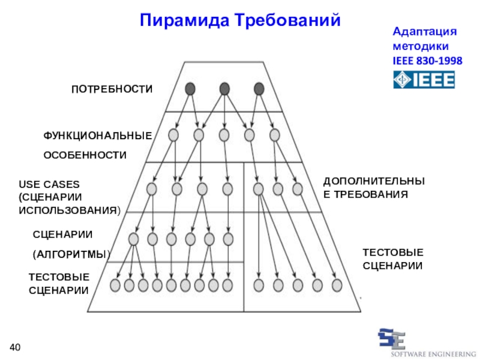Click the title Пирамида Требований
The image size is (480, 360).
click(x=240, y=20)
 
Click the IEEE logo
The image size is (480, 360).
click(x=424, y=79)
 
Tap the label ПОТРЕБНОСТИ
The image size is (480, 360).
click(x=112, y=89)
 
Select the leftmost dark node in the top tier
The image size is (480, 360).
click(x=190, y=89)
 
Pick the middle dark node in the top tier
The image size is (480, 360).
click(x=224, y=89)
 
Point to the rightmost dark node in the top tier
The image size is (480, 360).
click(x=259, y=89)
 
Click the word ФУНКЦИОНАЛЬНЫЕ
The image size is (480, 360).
click(x=97, y=136)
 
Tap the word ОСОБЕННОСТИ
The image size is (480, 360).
click(x=85, y=155)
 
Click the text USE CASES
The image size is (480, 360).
click(x=49, y=184)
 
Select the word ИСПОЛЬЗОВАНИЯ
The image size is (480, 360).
click(x=69, y=211)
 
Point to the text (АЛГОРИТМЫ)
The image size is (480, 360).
click(x=71, y=254)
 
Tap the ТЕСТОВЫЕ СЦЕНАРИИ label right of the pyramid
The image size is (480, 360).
click(x=393, y=259)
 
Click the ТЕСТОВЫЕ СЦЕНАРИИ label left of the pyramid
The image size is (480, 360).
click(x=59, y=284)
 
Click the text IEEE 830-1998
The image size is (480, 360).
click(x=427, y=61)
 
